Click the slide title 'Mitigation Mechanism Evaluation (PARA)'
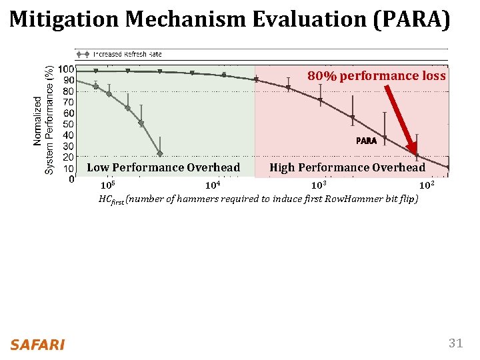point(230,20)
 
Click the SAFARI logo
point(37,345)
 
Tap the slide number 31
point(455,343)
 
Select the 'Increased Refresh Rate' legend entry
point(127,54)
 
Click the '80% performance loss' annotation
point(376,76)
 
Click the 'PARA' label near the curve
point(366,141)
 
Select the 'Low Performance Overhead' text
point(163,167)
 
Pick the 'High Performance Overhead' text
point(347,167)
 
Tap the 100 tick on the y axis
point(66,69)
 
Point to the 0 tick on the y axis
point(71,179)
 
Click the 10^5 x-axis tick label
point(107,185)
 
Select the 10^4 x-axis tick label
point(213,185)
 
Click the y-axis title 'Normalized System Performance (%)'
point(44,120)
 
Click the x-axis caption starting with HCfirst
point(258,199)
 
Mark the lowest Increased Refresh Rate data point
point(159,154)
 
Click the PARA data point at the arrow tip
point(417,156)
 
